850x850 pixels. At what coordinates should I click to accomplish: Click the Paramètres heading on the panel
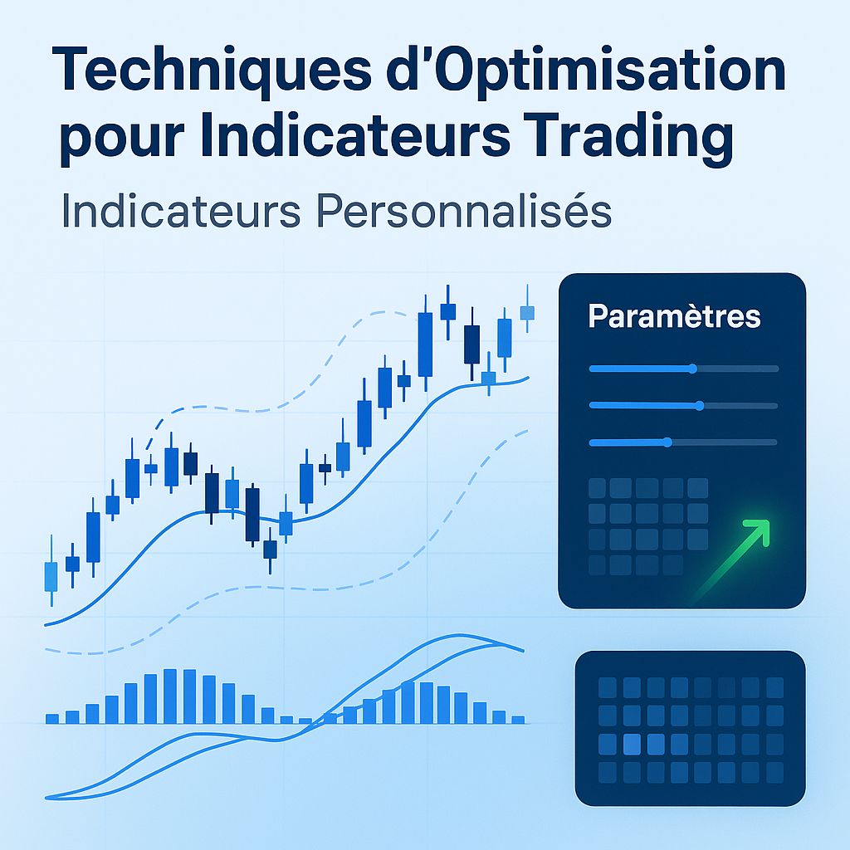point(674,316)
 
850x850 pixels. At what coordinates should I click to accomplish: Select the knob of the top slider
point(693,368)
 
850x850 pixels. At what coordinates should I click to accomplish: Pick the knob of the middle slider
point(700,405)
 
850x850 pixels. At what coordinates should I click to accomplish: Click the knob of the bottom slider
point(667,442)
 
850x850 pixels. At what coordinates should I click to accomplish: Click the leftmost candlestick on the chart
point(51,575)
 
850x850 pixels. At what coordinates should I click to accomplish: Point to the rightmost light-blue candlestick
point(527,312)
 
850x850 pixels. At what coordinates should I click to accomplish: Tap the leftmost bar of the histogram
point(52,718)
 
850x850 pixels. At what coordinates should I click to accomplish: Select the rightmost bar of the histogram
point(519,719)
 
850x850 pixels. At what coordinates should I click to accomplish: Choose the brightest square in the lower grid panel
point(633,745)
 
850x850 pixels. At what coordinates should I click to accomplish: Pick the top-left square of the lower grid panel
point(608,687)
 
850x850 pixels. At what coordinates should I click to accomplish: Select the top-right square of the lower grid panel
point(774,687)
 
